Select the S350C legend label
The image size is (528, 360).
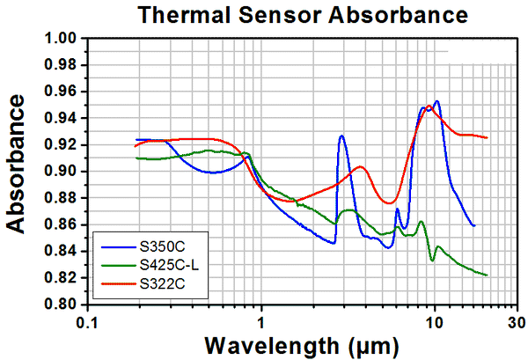(158, 241)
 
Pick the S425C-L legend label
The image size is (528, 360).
(166, 262)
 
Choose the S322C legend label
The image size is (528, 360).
(158, 283)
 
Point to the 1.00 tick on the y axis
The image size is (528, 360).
(63, 39)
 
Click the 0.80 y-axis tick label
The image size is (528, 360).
(63, 305)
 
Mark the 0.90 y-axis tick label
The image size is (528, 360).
(63, 172)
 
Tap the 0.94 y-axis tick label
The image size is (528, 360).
(63, 119)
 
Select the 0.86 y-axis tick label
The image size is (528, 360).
(63, 225)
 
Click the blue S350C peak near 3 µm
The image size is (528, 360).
(341, 136)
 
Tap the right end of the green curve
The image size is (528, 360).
(487, 275)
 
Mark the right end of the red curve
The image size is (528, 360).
(487, 137)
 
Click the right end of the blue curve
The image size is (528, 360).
(474, 226)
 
